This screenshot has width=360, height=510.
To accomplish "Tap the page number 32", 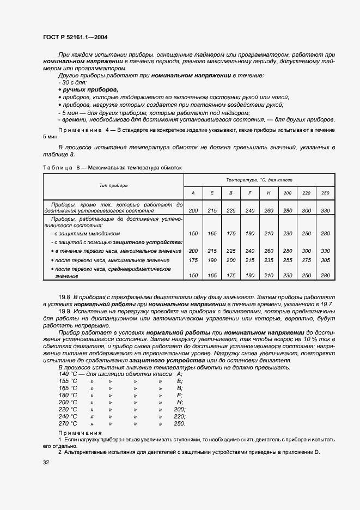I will (x=46, y=463).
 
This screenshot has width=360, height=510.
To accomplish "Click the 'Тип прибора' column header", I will (x=113, y=185).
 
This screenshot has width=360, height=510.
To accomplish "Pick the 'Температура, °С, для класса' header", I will (x=259, y=179).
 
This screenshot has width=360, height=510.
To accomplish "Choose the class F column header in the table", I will (x=249, y=193).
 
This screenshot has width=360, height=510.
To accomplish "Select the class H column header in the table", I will (x=269, y=193).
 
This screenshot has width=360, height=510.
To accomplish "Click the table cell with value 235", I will (x=269, y=260).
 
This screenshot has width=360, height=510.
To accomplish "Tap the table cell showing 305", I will (x=326, y=260).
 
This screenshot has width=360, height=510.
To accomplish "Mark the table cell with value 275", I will (x=307, y=260).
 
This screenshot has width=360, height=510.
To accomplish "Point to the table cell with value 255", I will (x=288, y=260).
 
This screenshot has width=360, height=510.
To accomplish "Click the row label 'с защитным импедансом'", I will (x=84, y=233).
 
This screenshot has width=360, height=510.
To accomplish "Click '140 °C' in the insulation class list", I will (x=68, y=374).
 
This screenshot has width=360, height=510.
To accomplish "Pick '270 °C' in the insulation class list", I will (x=68, y=423).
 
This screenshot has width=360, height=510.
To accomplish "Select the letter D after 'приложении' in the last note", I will (x=316, y=453).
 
